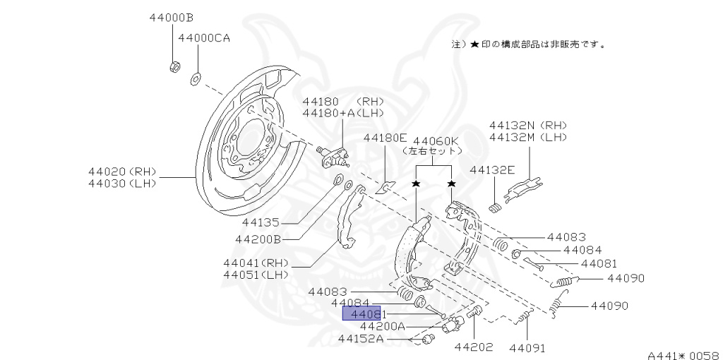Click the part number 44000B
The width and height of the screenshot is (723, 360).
pyautogui.click(x=172, y=17)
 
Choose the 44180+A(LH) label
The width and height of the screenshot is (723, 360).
pyautogui.click(x=342, y=113)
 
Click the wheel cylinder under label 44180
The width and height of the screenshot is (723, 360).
pyautogui.click(x=334, y=155)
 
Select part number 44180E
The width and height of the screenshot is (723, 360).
pyautogui.click(x=386, y=138)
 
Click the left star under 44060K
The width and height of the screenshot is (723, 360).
pyautogui.click(x=416, y=184)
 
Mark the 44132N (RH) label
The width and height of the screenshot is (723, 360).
pyautogui.click(x=528, y=125)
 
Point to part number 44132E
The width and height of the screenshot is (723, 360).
pyautogui.click(x=493, y=169)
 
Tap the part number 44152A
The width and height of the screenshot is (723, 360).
pyautogui.click(x=361, y=339)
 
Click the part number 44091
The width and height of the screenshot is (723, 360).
pyautogui.click(x=527, y=347)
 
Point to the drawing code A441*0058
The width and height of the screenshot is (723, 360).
pyautogui.click(x=683, y=355)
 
